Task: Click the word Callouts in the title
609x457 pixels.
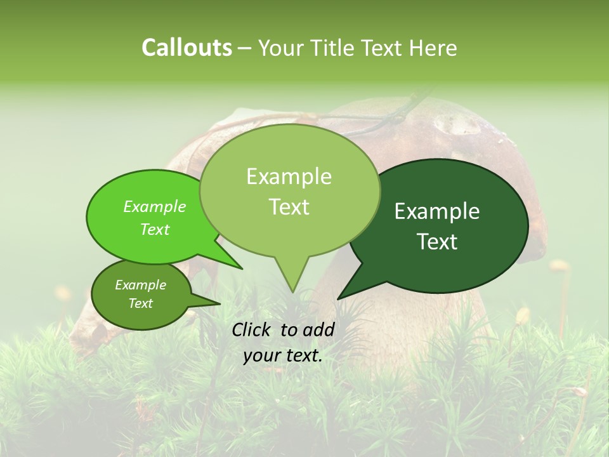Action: pyautogui.click(x=187, y=48)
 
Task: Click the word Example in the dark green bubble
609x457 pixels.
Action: pyautogui.click(x=437, y=211)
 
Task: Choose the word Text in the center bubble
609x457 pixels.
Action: pyautogui.click(x=289, y=207)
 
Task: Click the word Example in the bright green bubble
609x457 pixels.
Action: pyautogui.click(x=155, y=206)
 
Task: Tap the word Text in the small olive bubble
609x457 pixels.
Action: pyautogui.click(x=141, y=303)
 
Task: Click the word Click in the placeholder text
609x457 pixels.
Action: pyautogui.click(x=252, y=329)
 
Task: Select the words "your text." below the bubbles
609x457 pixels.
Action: pyautogui.click(x=283, y=355)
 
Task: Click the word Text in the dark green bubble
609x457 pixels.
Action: pyautogui.click(x=438, y=242)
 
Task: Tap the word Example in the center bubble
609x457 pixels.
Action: pyautogui.click(x=289, y=176)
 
